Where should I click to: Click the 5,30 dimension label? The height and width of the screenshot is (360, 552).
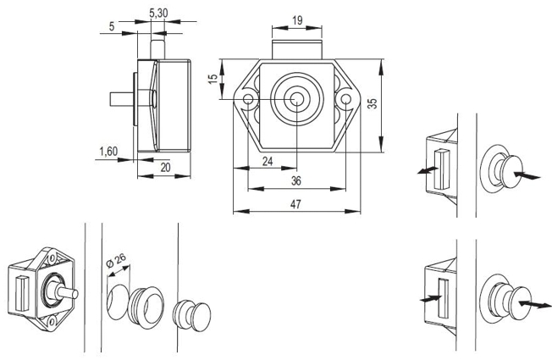pos(158,14)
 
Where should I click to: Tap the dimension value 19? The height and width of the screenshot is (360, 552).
pos(297,20)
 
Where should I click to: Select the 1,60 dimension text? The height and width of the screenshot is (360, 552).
pos(108,152)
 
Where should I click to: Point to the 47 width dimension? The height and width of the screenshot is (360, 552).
pos(295,204)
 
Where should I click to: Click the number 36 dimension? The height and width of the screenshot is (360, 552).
pos(296,180)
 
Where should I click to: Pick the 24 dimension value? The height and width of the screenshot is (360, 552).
pos(268,161)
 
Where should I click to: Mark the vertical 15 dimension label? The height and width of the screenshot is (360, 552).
pos(213,79)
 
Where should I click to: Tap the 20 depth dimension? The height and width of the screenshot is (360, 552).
pos(165,168)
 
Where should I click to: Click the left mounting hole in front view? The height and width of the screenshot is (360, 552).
pos(248,98)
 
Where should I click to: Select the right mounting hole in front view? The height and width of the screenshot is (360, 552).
pos(345,98)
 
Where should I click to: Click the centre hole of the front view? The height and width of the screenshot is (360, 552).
pos(297,99)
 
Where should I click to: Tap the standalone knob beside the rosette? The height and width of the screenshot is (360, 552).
pos(192,316)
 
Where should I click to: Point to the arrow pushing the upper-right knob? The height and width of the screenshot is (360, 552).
pos(527,175)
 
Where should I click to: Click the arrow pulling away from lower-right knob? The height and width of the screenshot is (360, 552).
pos(535,303)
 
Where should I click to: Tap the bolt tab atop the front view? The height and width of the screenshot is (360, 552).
pos(297,49)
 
